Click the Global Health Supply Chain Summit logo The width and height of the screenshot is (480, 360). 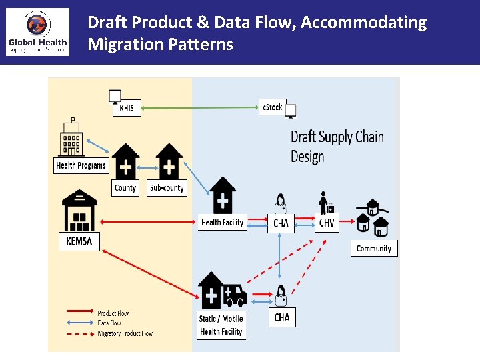point(37,32)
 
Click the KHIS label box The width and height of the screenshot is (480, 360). point(127,108)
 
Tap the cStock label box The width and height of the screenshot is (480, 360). point(272,107)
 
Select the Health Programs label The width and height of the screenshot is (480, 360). point(81,165)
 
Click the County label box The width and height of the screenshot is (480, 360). point(125,188)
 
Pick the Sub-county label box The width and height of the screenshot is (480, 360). point(167,188)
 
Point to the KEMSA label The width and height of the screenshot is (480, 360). point(79,241)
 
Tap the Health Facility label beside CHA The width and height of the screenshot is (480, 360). point(223,223)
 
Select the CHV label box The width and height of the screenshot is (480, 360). point(327,223)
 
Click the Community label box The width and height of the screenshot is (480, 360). point(373,249)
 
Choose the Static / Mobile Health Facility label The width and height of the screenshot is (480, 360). point(221,325)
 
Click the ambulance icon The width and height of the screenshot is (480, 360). point(234,294)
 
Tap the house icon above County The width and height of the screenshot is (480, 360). point(125,161)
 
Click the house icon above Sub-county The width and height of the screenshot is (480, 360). point(169,161)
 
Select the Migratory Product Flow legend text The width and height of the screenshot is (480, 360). point(125,333)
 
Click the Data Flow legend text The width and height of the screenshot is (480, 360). point(109,323)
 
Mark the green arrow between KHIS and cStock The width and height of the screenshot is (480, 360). point(200,107)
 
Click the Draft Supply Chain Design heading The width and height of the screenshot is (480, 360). point(337,147)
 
